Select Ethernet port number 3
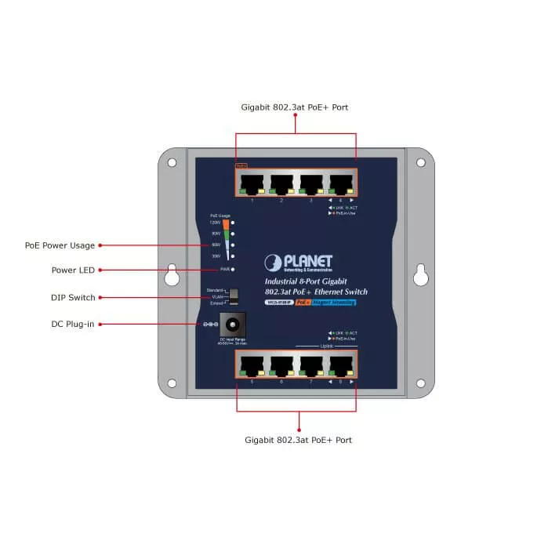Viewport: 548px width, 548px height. coord(311,184)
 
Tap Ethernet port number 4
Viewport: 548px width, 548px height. coord(341,184)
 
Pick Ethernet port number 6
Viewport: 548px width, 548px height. coord(281,365)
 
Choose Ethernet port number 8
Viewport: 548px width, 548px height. coord(341,365)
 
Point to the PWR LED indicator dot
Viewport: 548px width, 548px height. coord(234,270)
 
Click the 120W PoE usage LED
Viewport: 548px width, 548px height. coord(234,223)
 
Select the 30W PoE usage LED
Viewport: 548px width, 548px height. coord(234,256)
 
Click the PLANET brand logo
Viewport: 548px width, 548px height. coord(299,263)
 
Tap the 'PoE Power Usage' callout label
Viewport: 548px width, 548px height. coord(60,245)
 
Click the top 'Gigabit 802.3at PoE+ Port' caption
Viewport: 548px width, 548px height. coord(295,107)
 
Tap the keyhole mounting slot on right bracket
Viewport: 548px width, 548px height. coord(420,274)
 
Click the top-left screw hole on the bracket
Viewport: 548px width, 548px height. coord(172,162)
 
